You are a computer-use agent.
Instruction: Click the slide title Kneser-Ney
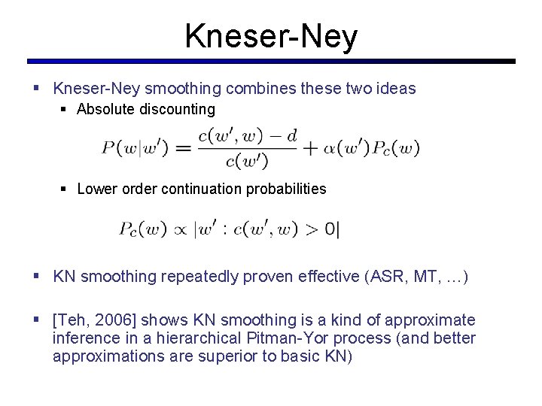[x=271, y=35]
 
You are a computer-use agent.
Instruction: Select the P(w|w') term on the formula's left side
[x=133, y=148]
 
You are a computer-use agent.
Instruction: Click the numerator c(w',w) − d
[x=247, y=136]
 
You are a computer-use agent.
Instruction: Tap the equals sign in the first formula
[x=183, y=148]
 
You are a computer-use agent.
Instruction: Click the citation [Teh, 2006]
[x=96, y=320]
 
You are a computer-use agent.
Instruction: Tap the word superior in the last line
[x=223, y=356]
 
